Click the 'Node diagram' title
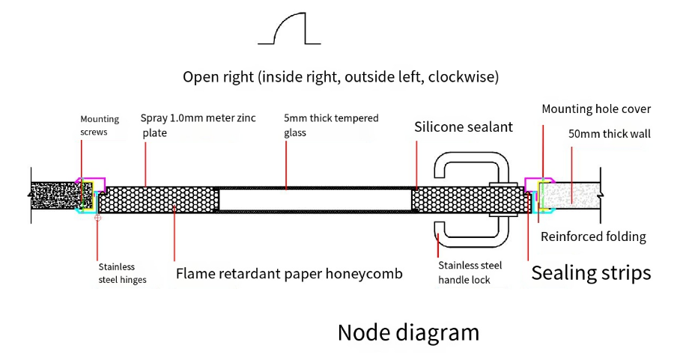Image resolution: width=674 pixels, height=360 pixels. point(408,332)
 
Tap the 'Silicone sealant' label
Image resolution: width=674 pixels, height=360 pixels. point(464,127)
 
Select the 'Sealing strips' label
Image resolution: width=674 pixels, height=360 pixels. point(591,273)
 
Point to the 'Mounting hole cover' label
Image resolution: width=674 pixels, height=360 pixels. point(596,109)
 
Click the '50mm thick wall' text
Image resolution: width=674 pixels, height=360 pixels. point(610,135)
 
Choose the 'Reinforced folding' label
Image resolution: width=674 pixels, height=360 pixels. point(593,237)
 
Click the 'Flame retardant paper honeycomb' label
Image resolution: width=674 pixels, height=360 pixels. point(289,274)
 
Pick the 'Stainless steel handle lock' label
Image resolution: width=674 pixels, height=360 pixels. point(470,272)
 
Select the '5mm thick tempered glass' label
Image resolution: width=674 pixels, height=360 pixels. point(331,126)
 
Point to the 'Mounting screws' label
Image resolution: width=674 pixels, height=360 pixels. point(100,126)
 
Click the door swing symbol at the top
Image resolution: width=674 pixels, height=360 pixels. point(289,29)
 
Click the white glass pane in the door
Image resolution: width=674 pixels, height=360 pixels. point(315,200)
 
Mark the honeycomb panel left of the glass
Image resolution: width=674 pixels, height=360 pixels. point(161,200)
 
